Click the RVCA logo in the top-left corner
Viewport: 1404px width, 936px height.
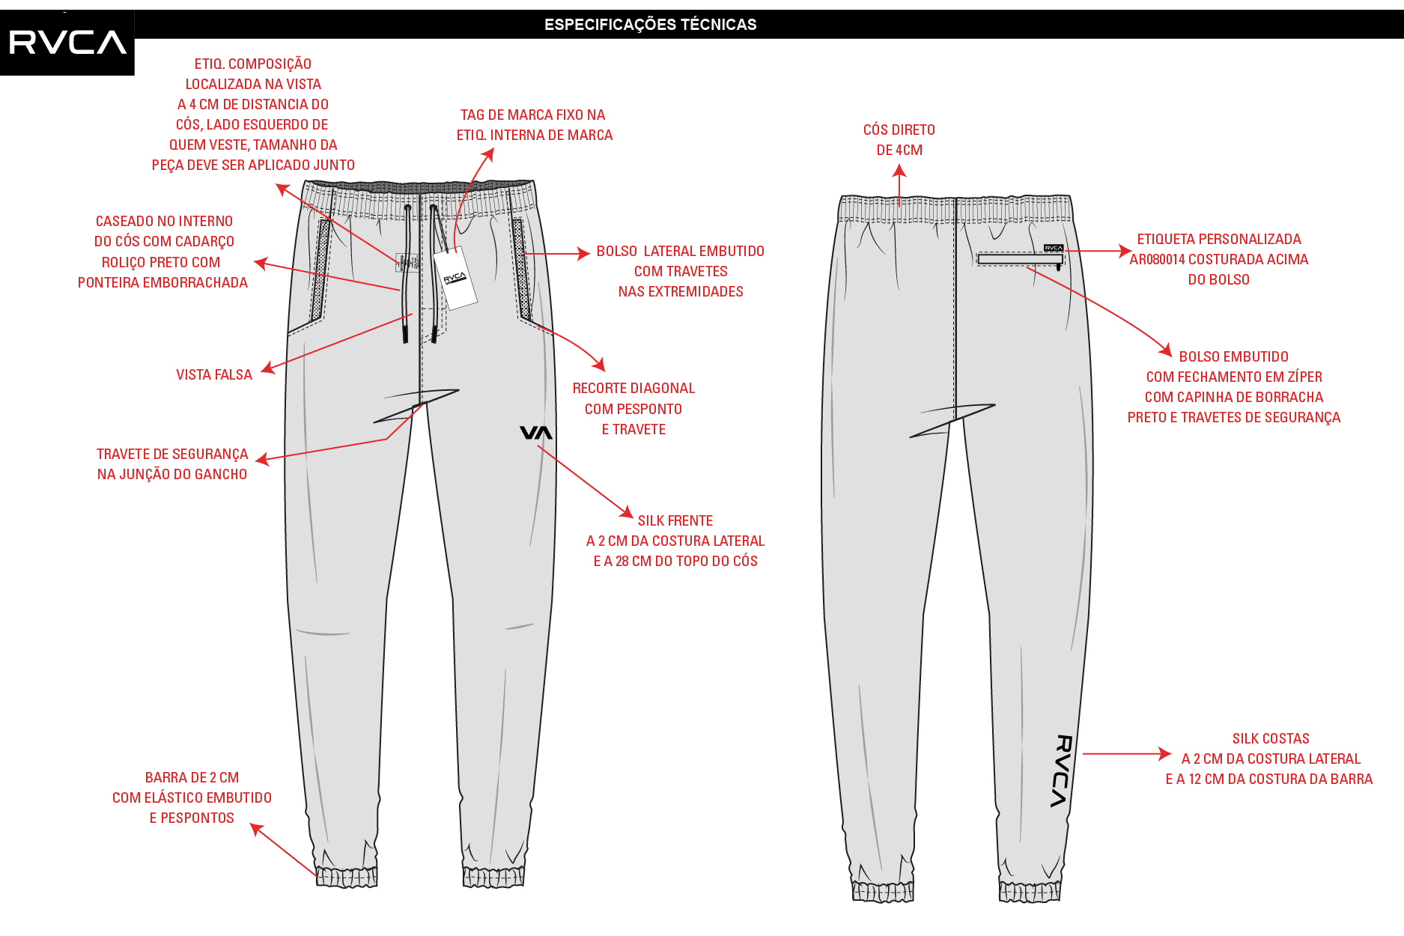point(67,43)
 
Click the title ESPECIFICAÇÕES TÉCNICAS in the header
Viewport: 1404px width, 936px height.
point(650,25)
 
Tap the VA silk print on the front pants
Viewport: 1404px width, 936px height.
point(536,433)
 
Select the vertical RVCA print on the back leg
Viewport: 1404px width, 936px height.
point(1063,771)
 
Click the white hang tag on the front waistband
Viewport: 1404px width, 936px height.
point(455,278)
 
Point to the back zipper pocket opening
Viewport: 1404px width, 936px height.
point(1020,259)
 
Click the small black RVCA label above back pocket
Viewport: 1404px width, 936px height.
point(1054,248)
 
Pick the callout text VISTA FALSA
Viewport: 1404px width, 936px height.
point(214,375)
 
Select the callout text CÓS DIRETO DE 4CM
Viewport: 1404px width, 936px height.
point(899,140)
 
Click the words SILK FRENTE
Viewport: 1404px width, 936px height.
point(675,521)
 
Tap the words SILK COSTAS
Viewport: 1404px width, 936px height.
point(1271,739)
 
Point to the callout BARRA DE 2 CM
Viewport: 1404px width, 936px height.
point(192,778)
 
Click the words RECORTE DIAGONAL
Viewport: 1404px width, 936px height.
point(633,389)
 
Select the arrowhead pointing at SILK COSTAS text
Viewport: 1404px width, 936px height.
point(1164,754)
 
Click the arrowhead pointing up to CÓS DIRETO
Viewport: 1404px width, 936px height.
point(899,171)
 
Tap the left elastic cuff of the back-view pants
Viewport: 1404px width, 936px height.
point(884,891)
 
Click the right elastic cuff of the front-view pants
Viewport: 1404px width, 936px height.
point(493,877)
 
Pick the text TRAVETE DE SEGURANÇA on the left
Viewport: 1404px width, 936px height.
point(172,455)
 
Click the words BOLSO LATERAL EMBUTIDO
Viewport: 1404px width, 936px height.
point(681,252)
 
